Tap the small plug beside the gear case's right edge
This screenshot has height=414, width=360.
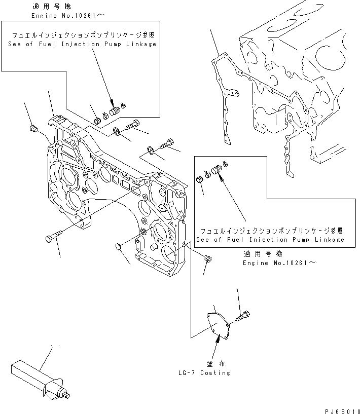click(x=207, y=259)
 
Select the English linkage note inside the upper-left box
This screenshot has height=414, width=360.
click(x=82, y=44)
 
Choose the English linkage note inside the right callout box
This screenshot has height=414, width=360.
click(x=270, y=240)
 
